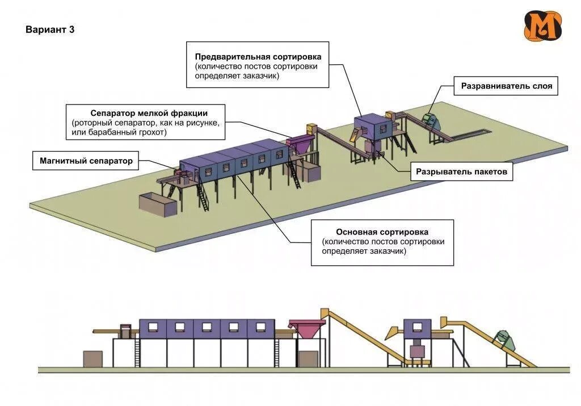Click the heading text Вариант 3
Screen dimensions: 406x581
pos(50,30)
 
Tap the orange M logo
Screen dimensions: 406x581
pos(542,26)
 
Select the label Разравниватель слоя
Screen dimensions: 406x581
pos(506,87)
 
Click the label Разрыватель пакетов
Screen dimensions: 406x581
pos(461,171)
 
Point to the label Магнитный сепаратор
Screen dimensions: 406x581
pos(86,161)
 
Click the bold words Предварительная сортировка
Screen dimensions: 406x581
pos(258,57)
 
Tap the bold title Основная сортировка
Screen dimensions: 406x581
pos(382,232)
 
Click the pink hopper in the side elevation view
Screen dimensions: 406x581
pos(307,329)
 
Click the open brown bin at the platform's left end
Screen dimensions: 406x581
pos(158,204)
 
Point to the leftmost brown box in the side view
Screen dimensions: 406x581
pos(91,359)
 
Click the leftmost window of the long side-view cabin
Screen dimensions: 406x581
pos(152,327)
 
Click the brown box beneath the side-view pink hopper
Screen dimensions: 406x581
pos(308,359)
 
